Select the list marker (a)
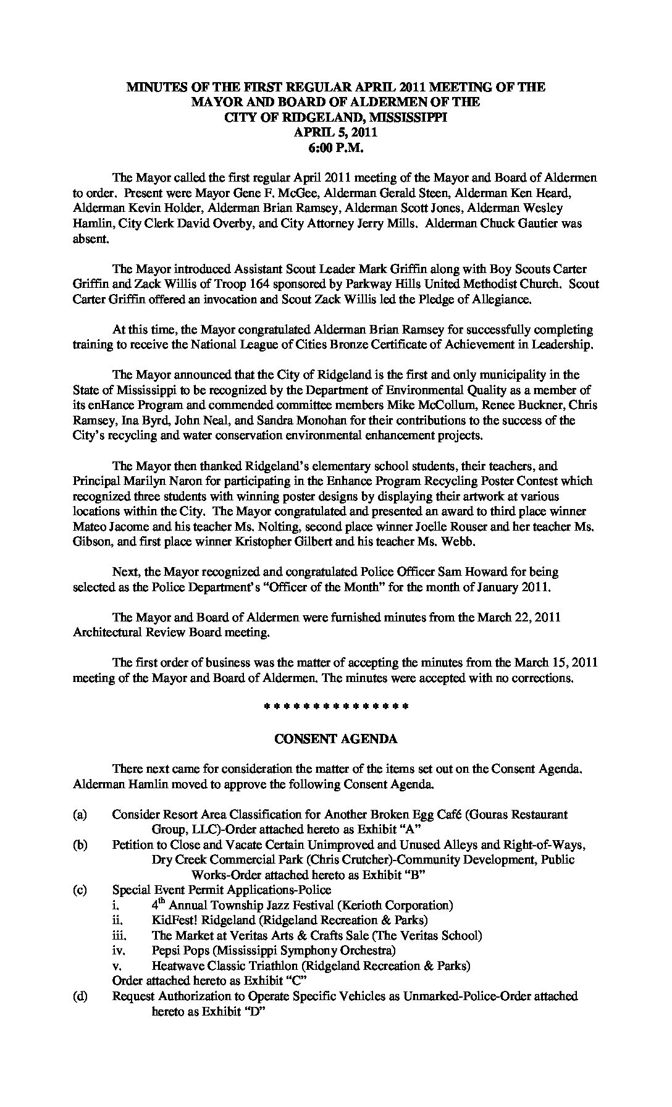tap(80, 815)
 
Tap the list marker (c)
tap(80, 890)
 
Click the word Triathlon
tap(277, 966)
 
